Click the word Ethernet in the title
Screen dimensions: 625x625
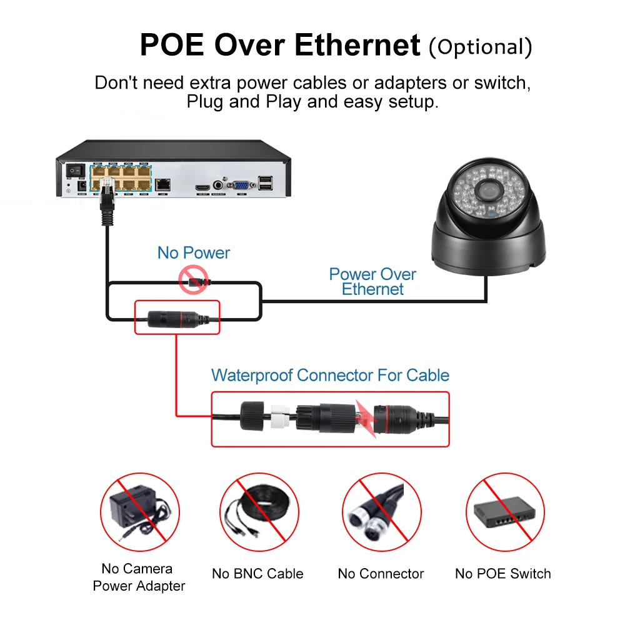pyautogui.click(x=357, y=45)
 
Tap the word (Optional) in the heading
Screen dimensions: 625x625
pyautogui.click(x=480, y=46)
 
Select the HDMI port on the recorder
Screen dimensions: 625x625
pyautogui.click(x=202, y=186)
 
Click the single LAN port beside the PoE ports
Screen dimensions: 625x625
pyautogui.click(x=164, y=184)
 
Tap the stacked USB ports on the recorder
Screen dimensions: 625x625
pyautogui.click(x=266, y=183)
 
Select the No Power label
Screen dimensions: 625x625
pyautogui.click(x=194, y=253)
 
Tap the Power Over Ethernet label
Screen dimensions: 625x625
pyautogui.click(x=372, y=281)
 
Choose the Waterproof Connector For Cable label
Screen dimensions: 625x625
pyautogui.click(x=330, y=375)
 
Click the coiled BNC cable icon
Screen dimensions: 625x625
pyautogui.click(x=258, y=511)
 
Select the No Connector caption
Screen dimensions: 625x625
pyautogui.click(x=381, y=574)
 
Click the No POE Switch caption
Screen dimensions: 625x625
pyautogui.click(x=503, y=574)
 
